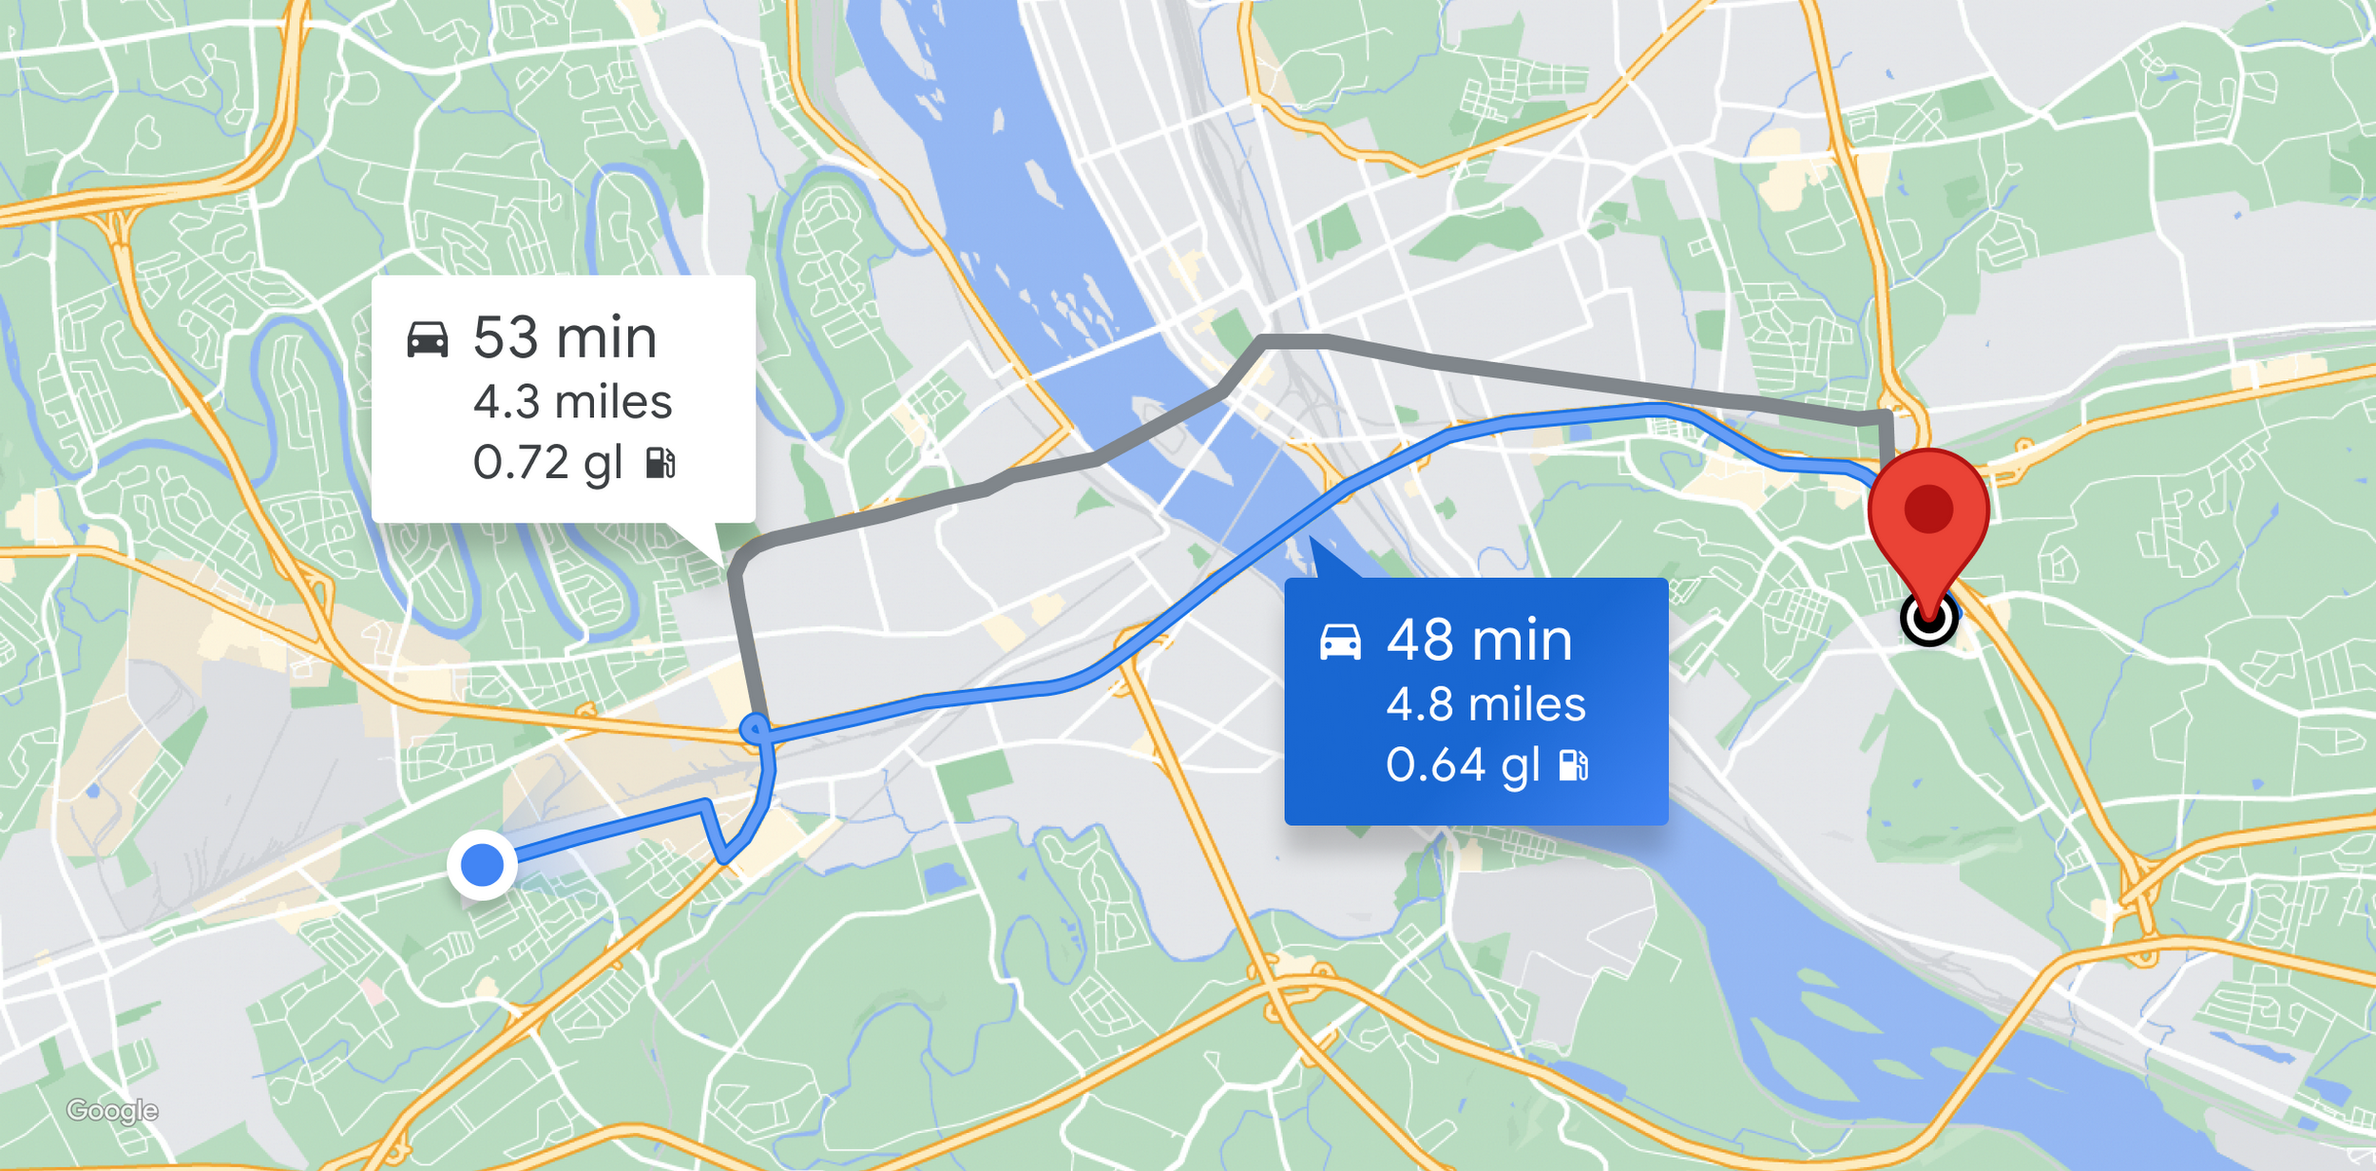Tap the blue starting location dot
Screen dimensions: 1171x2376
[482, 865]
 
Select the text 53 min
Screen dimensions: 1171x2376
[565, 337]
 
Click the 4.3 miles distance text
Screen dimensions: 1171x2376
[572, 402]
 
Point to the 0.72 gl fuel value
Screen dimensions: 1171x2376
[547, 463]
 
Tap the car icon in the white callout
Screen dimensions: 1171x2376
[428, 339]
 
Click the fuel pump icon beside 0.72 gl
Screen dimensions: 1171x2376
[661, 463]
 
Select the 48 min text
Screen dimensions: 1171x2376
[1479, 640]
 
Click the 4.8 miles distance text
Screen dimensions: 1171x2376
[1485, 704]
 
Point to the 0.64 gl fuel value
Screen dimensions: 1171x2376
[1462, 765]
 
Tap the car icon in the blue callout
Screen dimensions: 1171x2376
[1340, 642]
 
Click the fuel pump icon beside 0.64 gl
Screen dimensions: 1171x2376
[1574, 765]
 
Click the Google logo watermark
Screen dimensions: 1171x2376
[112, 1110]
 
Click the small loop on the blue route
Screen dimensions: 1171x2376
[754, 729]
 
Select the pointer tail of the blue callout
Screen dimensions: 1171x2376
[1326, 561]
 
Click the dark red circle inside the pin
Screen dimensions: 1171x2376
[1928, 508]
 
